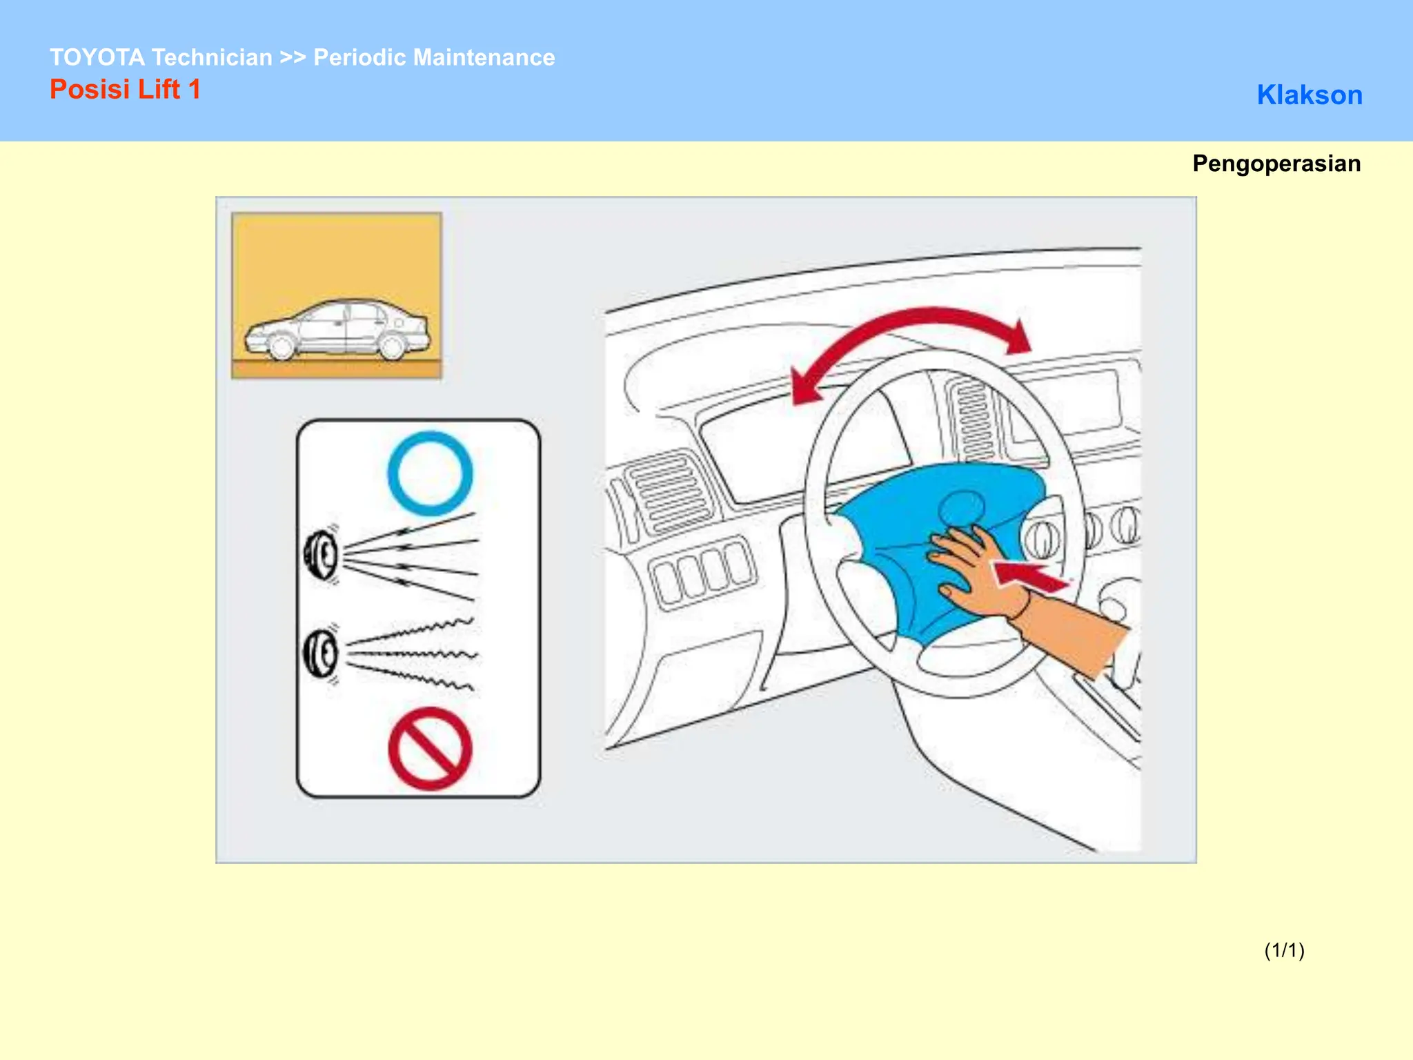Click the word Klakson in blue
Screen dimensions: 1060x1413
click(x=1309, y=95)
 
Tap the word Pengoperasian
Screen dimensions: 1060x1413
click(x=1276, y=164)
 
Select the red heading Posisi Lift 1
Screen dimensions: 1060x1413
click(x=125, y=90)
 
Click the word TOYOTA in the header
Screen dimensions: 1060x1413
click(x=97, y=57)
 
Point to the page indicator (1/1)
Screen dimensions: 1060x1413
click(x=1284, y=950)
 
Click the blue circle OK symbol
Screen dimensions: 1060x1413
click(x=430, y=473)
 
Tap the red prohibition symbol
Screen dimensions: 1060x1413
click(x=430, y=749)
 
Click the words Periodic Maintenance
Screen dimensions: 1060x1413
click(x=434, y=57)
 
